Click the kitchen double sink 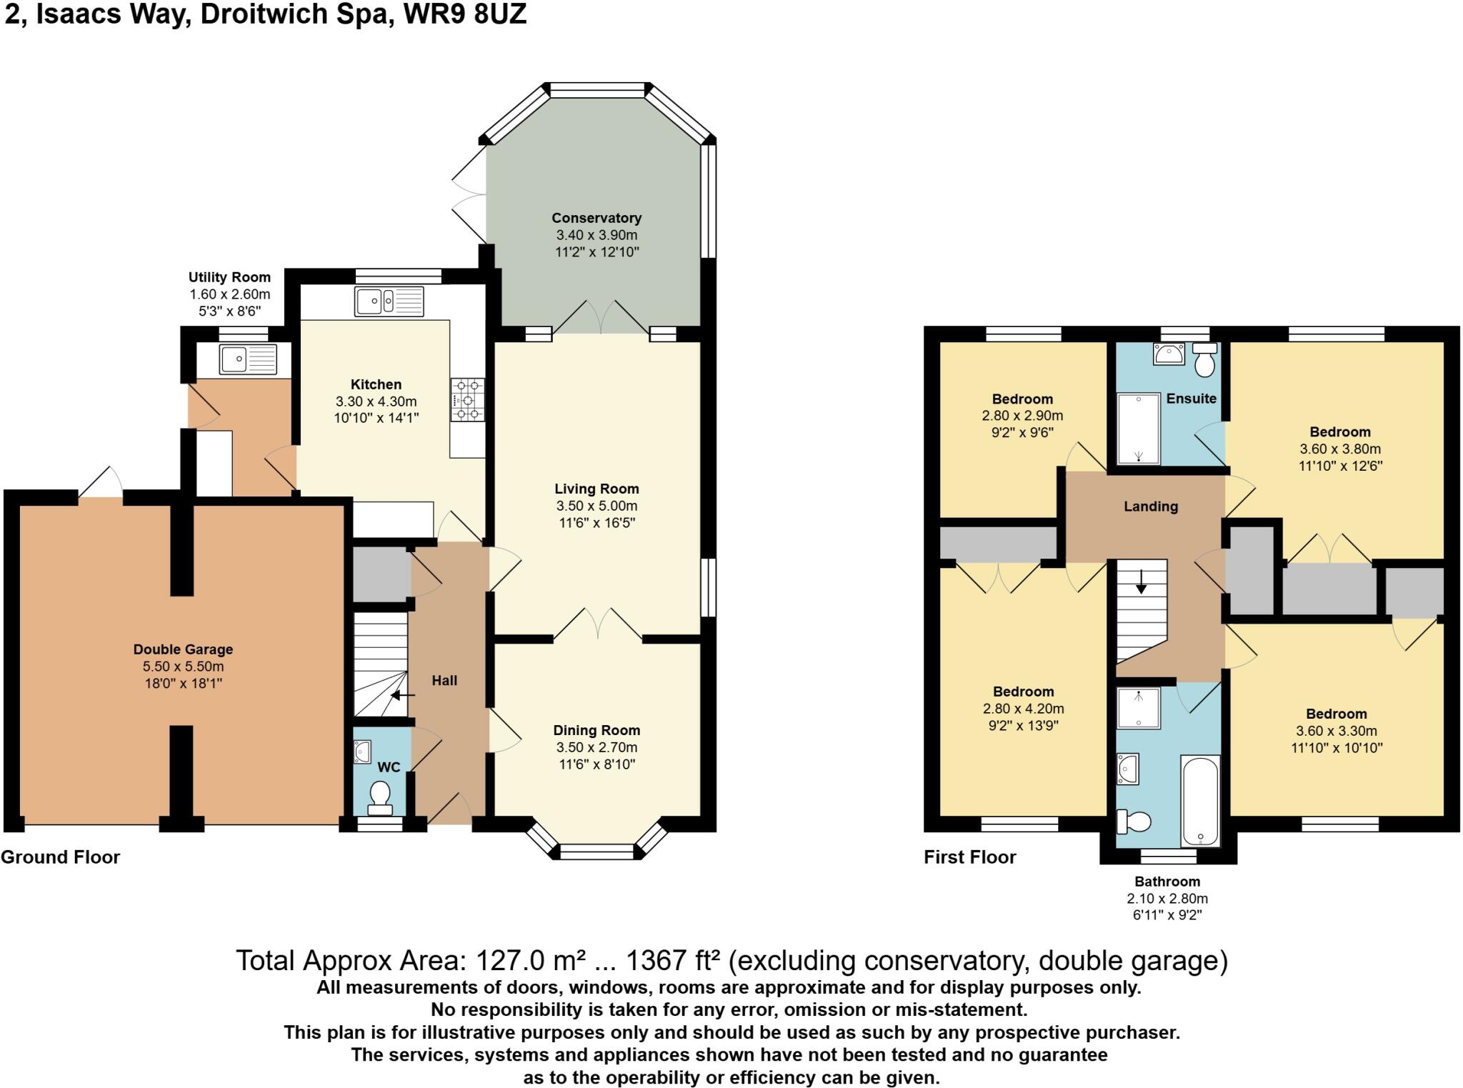pyautogui.click(x=389, y=301)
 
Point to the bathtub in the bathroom pyautogui.click(x=1200, y=800)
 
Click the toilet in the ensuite pyautogui.click(x=1205, y=360)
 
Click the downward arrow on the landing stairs pyautogui.click(x=1141, y=582)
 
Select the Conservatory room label pyautogui.click(x=596, y=218)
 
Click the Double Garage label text pyautogui.click(x=183, y=649)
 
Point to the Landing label pyautogui.click(x=1150, y=506)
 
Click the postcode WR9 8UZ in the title pyautogui.click(x=464, y=14)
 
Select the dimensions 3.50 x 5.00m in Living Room pyautogui.click(x=596, y=506)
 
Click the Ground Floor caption pyautogui.click(x=61, y=857)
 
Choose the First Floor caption pyautogui.click(x=969, y=857)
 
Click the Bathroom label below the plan pyautogui.click(x=1167, y=882)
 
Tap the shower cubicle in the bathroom pyautogui.click(x=1139, y=708)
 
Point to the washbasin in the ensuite pyautogui.click(x=1169, y=354)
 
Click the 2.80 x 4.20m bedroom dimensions pyautogui.click(x=1023, y=709)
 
